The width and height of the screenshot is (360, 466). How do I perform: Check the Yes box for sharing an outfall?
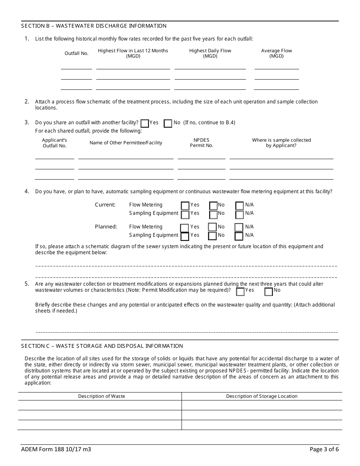click(144, 123)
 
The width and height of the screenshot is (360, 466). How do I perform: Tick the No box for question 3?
click(168, 123)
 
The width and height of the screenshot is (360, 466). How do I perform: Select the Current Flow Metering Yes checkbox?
click(185, 206)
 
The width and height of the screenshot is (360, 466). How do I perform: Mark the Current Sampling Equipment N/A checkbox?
click(239, 214)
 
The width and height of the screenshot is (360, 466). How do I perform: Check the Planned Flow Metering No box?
click(213, 227)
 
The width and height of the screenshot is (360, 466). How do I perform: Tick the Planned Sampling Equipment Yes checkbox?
click(185, 236)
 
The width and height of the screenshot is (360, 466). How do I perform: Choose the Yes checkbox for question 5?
click(240, 291)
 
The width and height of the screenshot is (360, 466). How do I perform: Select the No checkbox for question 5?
click(269, 291)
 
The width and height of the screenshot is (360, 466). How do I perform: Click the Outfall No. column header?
click(77, 53)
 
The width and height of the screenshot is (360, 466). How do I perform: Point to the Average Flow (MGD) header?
click(277, 53)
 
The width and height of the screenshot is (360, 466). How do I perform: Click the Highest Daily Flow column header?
click(210, 53)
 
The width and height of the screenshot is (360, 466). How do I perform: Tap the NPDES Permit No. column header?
click(202, 143)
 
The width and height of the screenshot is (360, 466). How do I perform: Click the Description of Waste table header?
click(102, 396)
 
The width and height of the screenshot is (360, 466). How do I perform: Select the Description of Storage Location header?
click(261, 396)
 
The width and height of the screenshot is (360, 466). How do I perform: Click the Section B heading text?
click(94, 26)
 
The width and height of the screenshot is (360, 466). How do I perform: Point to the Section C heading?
click(102, 346)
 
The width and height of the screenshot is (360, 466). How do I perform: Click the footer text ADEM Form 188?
click(56, 450)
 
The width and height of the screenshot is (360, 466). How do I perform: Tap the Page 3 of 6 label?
click(324, 450)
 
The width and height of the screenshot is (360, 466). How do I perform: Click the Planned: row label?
click(106, 227)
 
